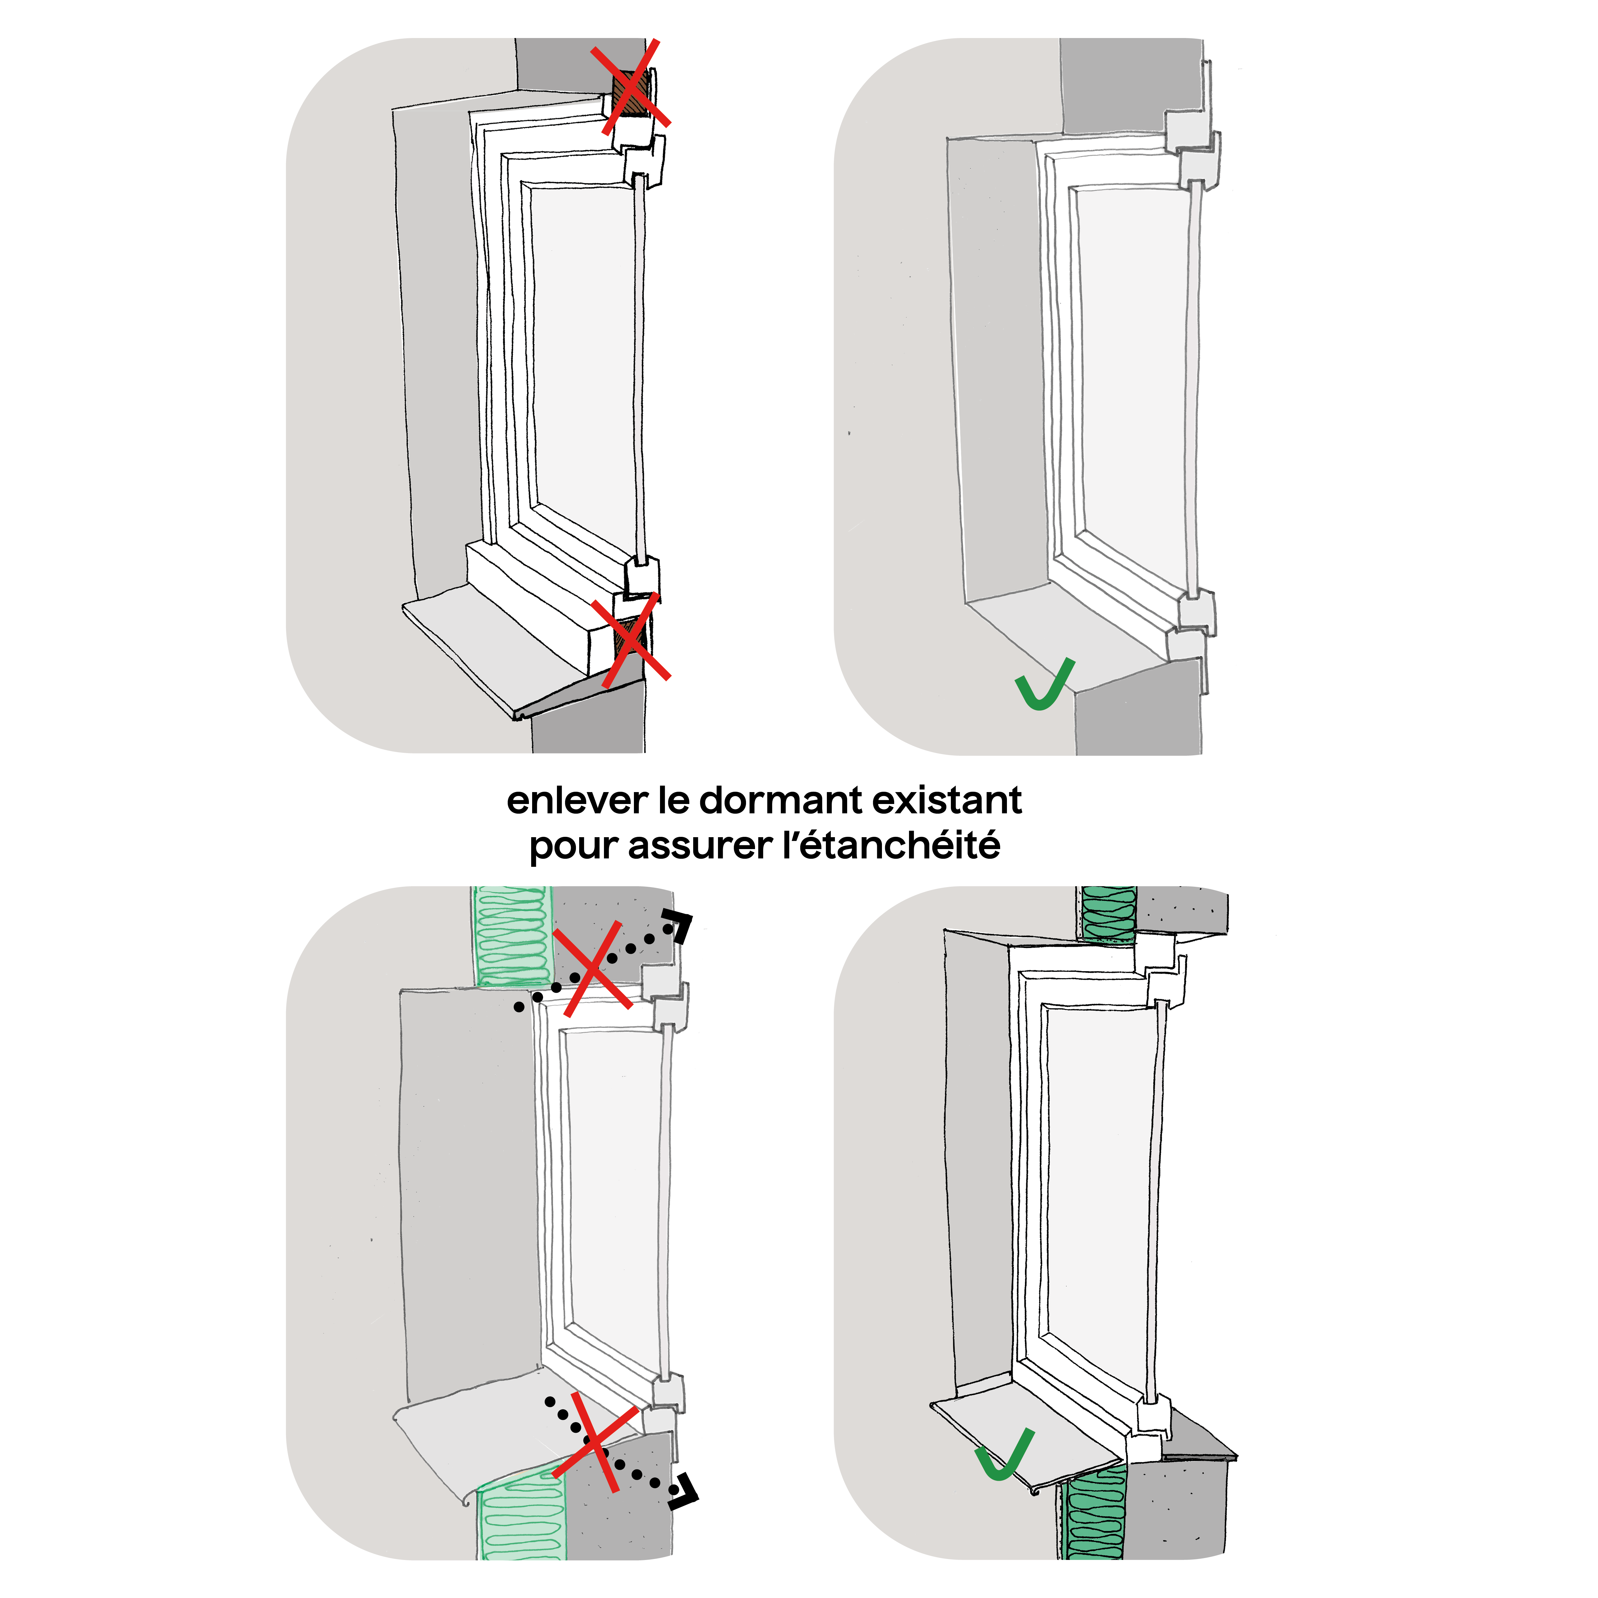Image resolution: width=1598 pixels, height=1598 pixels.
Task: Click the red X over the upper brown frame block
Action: click(630, 87)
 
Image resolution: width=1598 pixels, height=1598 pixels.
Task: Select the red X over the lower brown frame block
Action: click(630, 639)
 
